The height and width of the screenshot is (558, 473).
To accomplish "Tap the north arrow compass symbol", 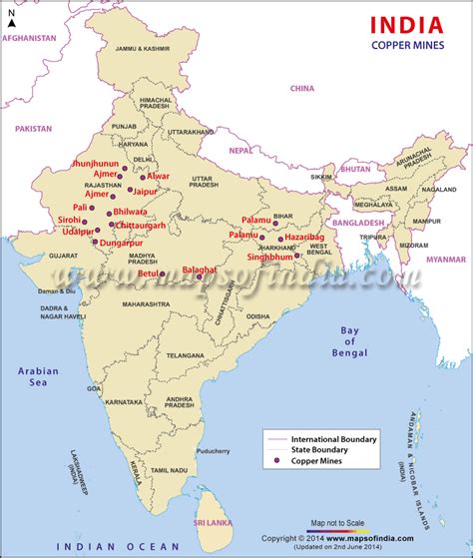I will click(11, 17).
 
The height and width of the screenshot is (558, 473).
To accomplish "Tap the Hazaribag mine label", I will click(304, 238).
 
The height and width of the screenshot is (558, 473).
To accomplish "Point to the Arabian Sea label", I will click(38, 376).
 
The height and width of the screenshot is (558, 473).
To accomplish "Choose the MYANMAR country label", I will click(445, 259).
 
